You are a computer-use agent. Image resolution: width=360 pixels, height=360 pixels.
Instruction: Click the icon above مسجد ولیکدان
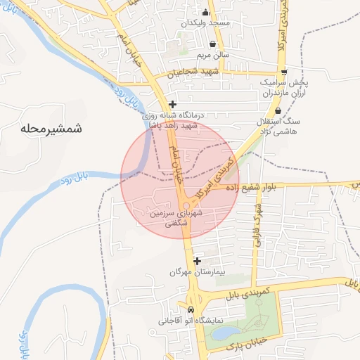[205, 12]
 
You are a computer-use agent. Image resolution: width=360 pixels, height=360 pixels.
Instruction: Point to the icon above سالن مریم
[212, 44]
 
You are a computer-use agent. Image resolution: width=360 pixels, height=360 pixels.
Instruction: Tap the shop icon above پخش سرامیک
[283, 72]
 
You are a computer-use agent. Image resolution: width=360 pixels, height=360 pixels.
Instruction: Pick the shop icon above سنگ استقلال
[278, 111]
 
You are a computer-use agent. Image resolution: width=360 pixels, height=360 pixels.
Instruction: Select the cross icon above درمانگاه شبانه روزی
[172, 104]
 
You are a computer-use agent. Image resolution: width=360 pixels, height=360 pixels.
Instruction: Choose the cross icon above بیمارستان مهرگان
[197, 260]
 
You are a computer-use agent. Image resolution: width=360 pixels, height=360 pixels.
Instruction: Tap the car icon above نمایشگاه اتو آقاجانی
[191, 310]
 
